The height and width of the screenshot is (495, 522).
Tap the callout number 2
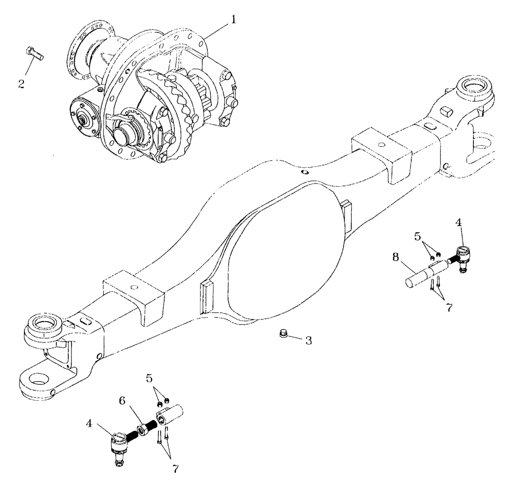tap(22, 84)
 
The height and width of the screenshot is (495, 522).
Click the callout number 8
tap(395, 257)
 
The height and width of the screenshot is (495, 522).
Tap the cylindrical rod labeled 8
tap(420, 276)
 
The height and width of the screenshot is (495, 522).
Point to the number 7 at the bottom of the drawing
tap(175, 469)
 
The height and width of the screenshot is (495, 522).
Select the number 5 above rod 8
tap(418, 237)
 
